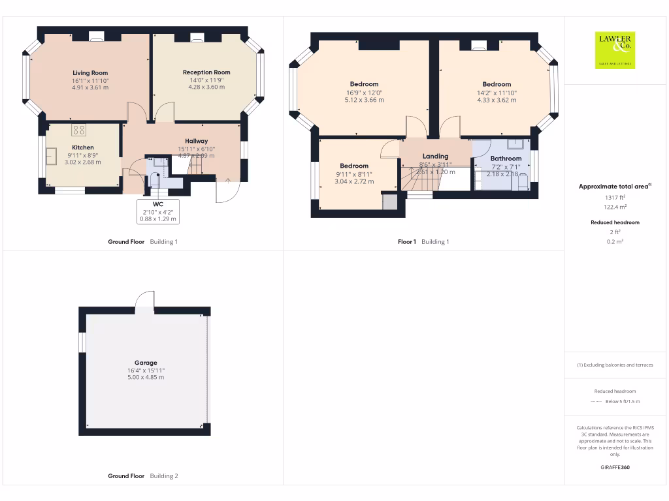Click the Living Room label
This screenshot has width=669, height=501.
pyautogui.click(x=90, y=73)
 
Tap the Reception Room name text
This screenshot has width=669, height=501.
pyautogui.click(x=206, y=72)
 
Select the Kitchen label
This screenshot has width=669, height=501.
pyautogui.click(x=83, y=147)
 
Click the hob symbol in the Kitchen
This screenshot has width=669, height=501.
pyautogui.click(x=80, y=129)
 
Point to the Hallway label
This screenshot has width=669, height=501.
pyautogui.click(x=196, y=141)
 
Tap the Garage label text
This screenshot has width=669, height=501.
pyautogui.click(x=146, y=363)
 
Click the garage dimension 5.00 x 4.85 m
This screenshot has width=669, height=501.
pyautogui.click(x=146, y=377)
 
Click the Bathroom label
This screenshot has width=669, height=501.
pyautogui.click(x=506, y=159)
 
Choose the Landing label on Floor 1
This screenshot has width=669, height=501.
pyautogui.click(x=435, y=157)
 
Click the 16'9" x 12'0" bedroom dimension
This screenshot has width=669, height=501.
pyautogui.click(x=364, y=93)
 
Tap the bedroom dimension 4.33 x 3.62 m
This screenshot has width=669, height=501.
pyautogui.click(x=497, y=100)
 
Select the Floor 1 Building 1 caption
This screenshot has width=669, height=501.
pyautogui.click(x=423, y=242)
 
